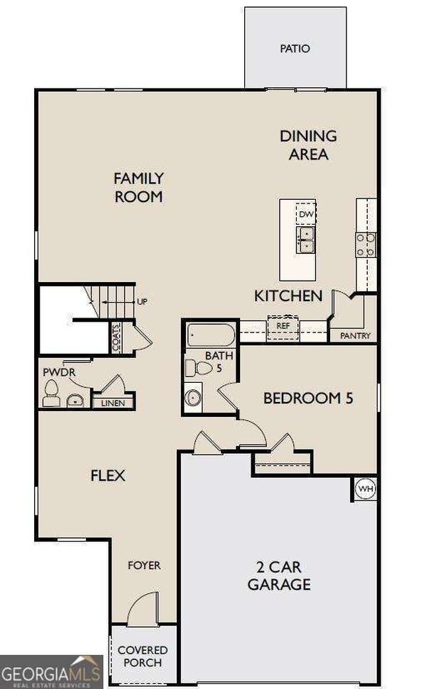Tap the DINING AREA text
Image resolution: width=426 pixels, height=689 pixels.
point(308,145)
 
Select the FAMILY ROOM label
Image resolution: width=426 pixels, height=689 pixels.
point(138,187)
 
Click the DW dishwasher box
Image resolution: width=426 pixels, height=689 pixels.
point(306,213)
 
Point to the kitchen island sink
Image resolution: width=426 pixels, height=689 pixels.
point(306,239)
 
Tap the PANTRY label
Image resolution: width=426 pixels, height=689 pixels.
point(355,336)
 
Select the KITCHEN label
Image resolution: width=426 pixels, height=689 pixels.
point(289,296)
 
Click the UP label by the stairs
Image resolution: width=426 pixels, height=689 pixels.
point(142,301)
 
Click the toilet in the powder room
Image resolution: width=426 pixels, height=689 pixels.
point(51,392)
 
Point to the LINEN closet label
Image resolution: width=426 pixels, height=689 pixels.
point(114,403)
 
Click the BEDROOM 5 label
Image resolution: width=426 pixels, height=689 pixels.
point(308,398)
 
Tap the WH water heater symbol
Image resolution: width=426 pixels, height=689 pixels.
point(365,488)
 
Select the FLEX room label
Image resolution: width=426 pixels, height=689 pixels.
point(108,475)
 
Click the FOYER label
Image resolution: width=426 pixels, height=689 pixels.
point(144,565)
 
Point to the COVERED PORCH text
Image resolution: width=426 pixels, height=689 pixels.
point(143,656)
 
